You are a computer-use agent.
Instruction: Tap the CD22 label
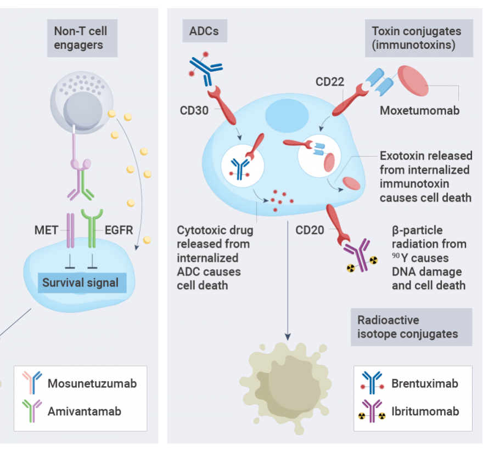pyautogui.click(x=330, y=82)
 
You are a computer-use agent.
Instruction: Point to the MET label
pyautogui.click(x=46, y=230)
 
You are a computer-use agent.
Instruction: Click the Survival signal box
pyautogui.click(x=81, y=283)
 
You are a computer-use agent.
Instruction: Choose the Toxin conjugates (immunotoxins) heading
pyautogui.click(x=418, y=38)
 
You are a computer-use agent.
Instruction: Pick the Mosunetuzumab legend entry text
pyautogui.click(x=92, y=383)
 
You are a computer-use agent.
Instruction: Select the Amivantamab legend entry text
pyautogui.click(x=84, y=410)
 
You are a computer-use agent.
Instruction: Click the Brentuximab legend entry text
pyautogui.click(x=424, y=383)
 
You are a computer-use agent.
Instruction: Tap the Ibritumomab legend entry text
pyautogui.click(x=425, y=411)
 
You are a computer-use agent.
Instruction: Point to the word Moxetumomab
pyautogui.click(x=419, y=110)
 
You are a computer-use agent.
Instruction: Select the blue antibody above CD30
pyautogui.click(x=206, y=69)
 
